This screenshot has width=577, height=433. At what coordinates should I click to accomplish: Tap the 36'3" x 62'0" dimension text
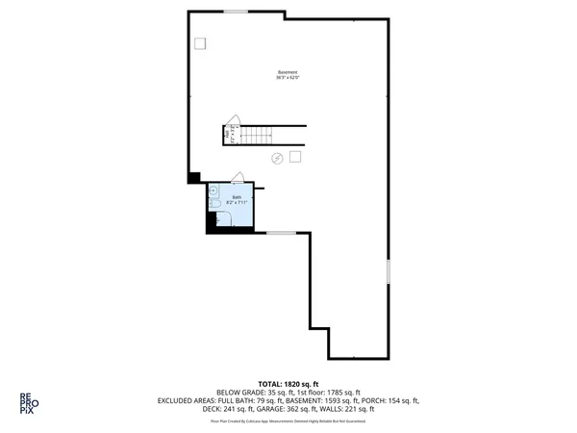coord(288,78)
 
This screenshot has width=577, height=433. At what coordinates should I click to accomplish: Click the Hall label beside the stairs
coord(227,136)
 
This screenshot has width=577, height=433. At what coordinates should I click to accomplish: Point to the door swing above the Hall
coord(232,121)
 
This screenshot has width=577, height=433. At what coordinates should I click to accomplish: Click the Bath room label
coord(237,197)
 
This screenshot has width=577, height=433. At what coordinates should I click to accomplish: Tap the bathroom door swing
coord(238,177)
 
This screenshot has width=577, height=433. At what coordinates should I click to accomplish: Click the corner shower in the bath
coord(213,189)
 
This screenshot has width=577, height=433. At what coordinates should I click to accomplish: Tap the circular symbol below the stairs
coord(277,158)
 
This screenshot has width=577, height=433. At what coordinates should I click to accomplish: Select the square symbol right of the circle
coord(296,156)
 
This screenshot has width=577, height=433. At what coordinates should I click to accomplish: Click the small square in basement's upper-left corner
coord(200,43)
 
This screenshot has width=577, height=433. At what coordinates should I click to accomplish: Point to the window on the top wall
coord(237,12)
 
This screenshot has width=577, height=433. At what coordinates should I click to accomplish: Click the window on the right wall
coord(389,271)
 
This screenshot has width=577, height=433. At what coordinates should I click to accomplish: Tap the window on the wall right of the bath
coord(281,233)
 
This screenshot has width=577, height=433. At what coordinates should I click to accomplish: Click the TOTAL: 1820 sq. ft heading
coord(288,383)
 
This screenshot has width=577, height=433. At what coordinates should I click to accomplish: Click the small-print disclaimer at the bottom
coord(288,420)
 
